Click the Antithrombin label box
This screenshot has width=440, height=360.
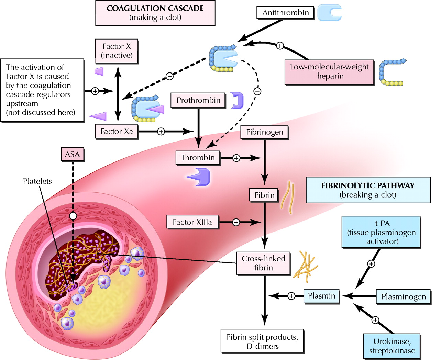click(285, 13)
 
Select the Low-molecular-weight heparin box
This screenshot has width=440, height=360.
click(329, 71)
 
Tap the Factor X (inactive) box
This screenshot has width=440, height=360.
click(117, 51)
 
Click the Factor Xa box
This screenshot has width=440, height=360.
click(116, 131)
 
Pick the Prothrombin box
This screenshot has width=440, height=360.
click(198, 100)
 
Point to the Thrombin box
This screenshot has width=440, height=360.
click(198, 158)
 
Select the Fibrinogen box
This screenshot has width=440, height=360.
click(264, 132)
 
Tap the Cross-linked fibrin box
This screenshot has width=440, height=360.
click(263, 263)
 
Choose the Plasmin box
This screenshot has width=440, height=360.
click(321, 296)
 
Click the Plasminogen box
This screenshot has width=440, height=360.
click(403, 296)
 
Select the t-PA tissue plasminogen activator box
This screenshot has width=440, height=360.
click(381, 232)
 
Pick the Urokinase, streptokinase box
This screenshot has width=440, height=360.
click(392, 346)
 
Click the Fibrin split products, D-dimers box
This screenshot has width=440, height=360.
click(262, 341)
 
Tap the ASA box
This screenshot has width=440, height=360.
click(72, 155)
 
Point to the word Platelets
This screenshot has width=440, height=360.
click(37, 181)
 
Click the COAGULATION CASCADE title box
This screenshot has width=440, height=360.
click(155, 13)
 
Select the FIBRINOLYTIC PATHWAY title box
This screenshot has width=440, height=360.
click(368, 190)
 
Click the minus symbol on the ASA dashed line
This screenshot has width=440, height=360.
click(73, 216)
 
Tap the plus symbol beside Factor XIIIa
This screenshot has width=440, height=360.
click(236, 222)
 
